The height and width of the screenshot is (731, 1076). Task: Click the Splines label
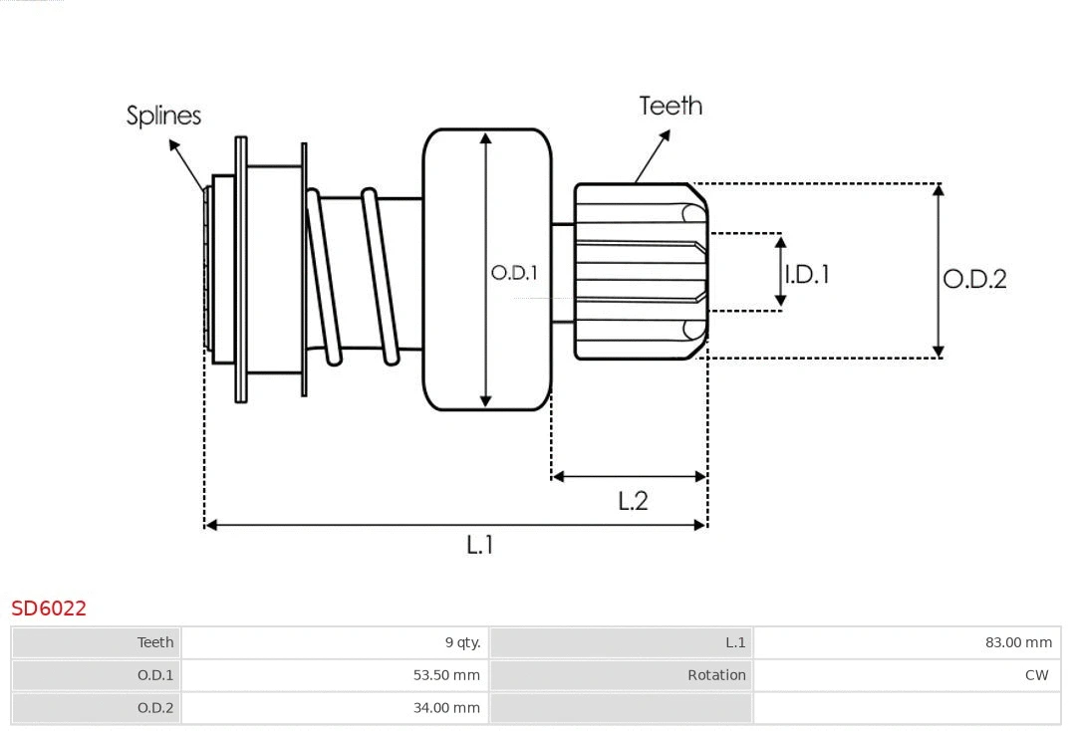coord(163,116)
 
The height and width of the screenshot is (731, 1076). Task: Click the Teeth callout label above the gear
coord(671,106)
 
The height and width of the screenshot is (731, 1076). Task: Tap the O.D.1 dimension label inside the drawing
coord(514,272)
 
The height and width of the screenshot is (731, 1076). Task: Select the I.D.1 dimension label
coord(808,274)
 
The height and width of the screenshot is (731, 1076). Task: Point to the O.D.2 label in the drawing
coord(974,279)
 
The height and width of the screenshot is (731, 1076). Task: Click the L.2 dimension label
coord(633,500)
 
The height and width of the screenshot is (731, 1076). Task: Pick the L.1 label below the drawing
coord(480,544)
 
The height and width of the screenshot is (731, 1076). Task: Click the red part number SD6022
coord(49,608)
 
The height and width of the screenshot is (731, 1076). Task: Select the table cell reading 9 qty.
coord(462,642)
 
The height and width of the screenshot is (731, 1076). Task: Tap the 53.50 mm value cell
coord(446,675)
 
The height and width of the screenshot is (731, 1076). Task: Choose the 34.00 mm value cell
coord(446,708)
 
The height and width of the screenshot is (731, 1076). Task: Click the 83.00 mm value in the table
coord(1018,642)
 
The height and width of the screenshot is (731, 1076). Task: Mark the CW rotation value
coord(1036,675)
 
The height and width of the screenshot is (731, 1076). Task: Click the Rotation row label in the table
coord(716,675)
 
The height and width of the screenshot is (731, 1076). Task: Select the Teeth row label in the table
coord(155,642)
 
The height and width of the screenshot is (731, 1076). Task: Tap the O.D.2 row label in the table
coord(155,708)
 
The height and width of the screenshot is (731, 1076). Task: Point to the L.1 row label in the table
coord(735,642)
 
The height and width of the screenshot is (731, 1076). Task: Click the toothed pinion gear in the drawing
coord(638,271)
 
